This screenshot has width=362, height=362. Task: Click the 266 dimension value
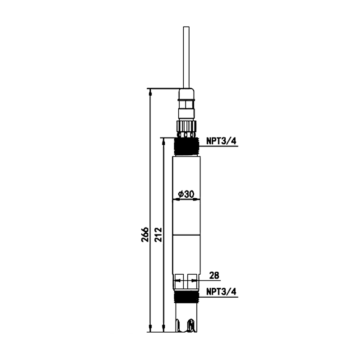[x=145, y=234]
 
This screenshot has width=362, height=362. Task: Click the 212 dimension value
[x=158, y=234]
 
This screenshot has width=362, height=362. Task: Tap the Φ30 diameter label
[x=186, y=194]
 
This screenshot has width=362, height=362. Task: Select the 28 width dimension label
[x=214, y=275]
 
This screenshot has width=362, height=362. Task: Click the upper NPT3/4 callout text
[x=221, y=141]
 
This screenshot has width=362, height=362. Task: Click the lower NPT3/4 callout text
[x=221, y=291]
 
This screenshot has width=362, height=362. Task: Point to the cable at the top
[x=186, y=57]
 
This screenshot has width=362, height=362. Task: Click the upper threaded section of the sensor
[x=186, y=146]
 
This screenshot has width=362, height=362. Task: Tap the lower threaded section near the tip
[x=186, y=297]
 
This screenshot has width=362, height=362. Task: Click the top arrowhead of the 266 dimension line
[x=150, y=92]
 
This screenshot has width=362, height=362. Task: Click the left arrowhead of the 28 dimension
[x=177, y=281]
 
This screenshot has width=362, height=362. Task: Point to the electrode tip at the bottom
[x=186, y=325]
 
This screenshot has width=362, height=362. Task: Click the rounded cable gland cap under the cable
[x=186, y=94]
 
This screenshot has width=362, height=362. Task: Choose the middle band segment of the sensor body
[x=186, y=218]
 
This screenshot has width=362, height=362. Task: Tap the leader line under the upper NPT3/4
[x=219, y=146]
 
